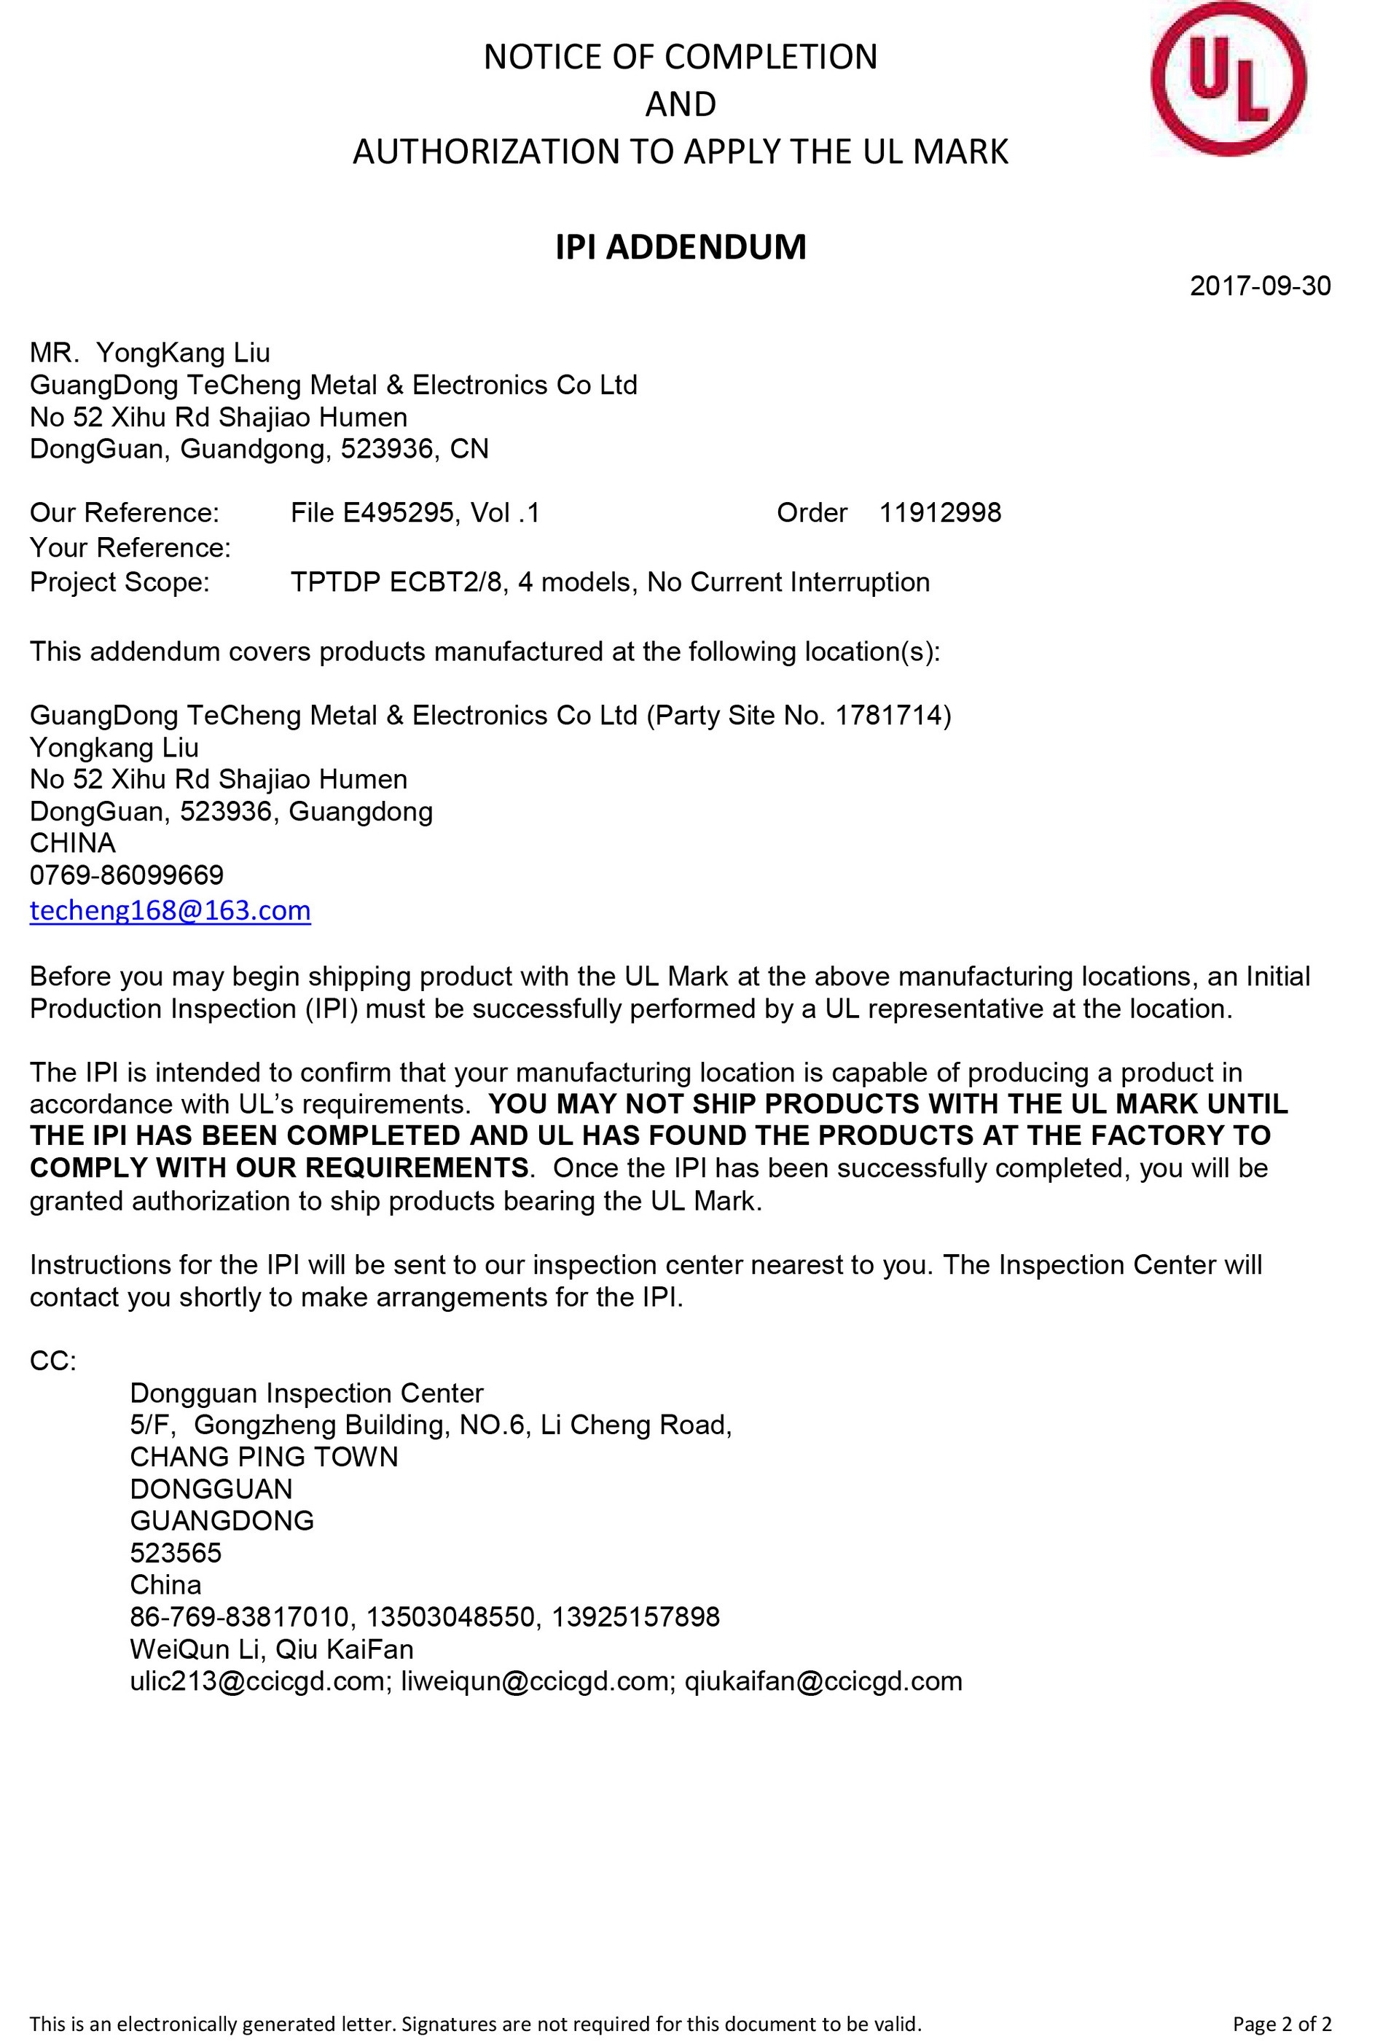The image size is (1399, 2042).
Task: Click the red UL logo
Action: (x=1228, y=79)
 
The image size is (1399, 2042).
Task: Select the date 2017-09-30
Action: (x=1259, y=286)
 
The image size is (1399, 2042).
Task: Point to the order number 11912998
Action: (x=939, y=512)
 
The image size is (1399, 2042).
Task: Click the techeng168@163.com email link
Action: (x=171, y=910)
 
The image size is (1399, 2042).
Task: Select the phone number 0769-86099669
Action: (x=127, y=875)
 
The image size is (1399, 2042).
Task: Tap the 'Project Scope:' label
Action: (x=120, y=582)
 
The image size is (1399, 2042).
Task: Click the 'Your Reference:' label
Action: (x=130, y=547)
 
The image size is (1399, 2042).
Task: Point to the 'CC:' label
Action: (x=52, y=1361)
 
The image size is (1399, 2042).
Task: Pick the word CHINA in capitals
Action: (x=73, y=842)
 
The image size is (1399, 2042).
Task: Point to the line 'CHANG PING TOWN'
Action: (x=264, y=1457)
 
